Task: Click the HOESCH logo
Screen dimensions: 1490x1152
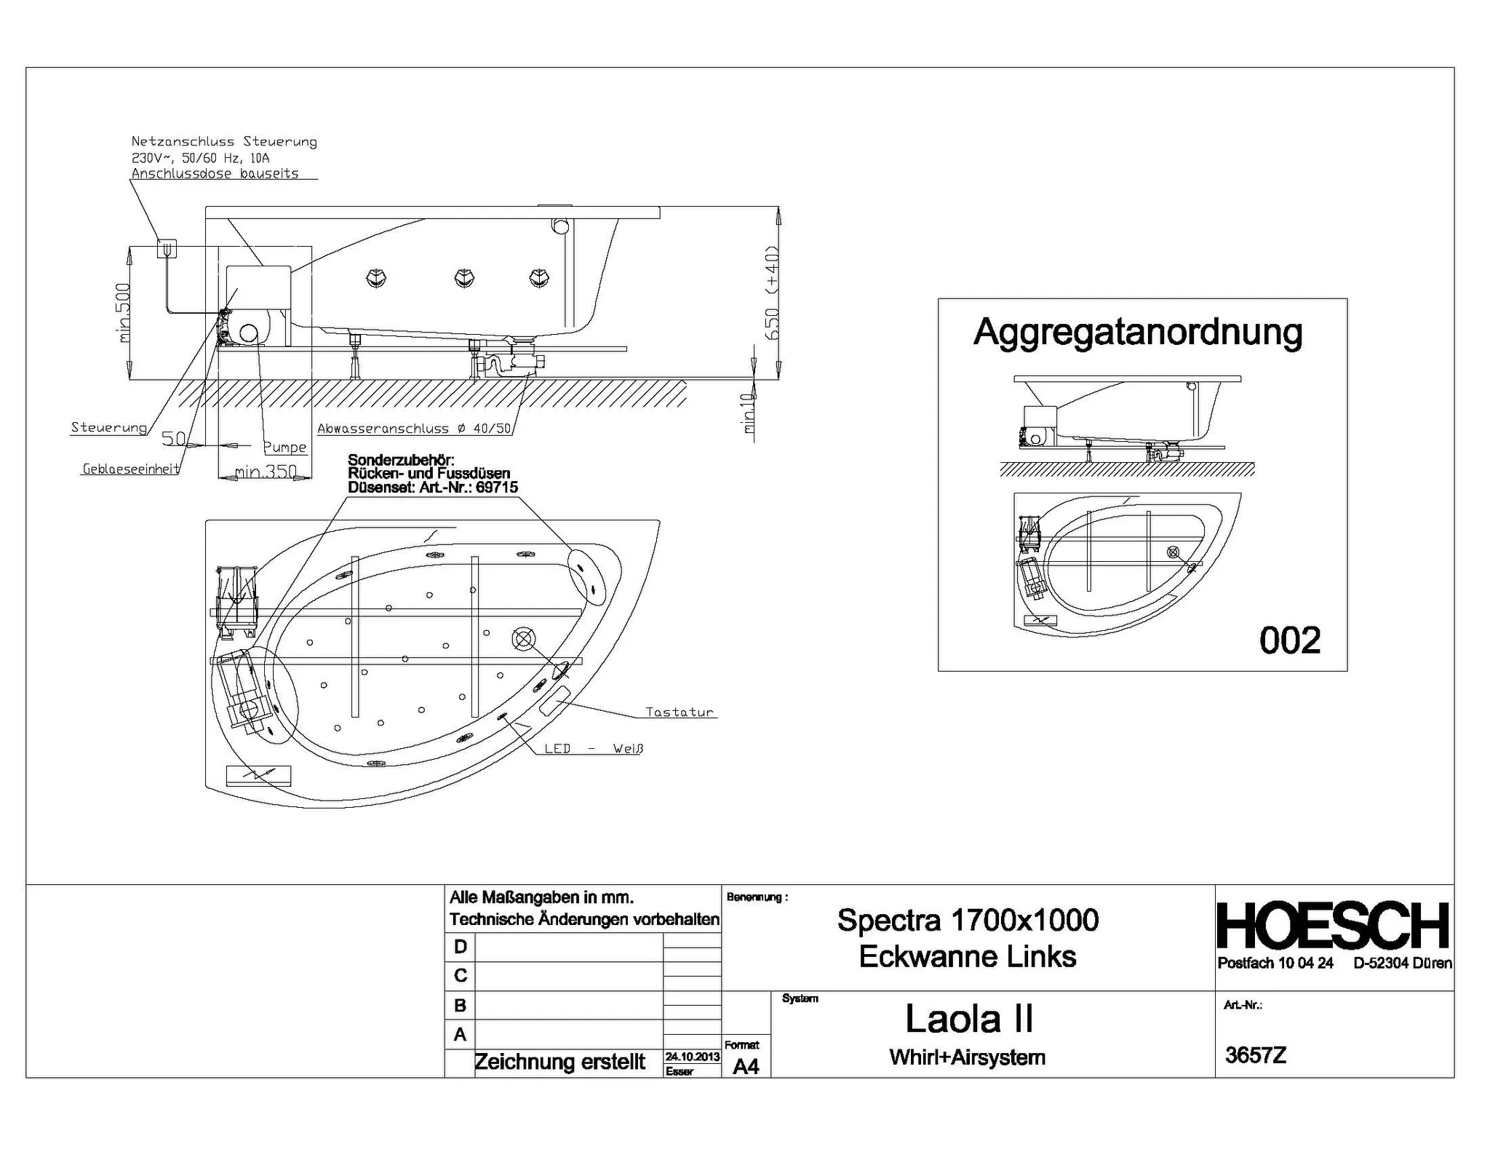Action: click(1333, 926)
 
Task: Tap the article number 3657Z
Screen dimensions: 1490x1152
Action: click(1256, 1055)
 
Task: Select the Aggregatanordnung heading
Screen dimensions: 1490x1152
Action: click(1138, 333)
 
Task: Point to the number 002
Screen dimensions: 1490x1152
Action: click(1290, 640)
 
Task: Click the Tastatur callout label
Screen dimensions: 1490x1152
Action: click(680, 712)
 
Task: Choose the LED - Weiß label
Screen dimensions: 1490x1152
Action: click(594, 748)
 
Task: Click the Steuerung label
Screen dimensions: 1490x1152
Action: click(108, 427)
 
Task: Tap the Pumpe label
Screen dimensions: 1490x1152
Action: click(284, 447)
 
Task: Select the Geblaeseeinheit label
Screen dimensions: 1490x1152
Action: click(131, 469)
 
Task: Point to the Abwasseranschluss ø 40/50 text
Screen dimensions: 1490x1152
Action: click(415, 429)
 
